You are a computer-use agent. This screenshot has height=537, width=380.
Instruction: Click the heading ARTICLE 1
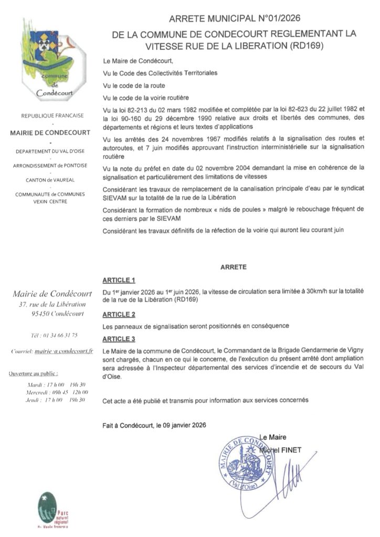pyautogui.click(x=119, y=280)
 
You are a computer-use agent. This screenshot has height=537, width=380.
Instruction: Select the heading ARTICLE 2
pyautogui.click(x=119, y=314)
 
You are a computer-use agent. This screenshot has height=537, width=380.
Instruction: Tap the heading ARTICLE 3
pyautogui.click(x=119, y=339)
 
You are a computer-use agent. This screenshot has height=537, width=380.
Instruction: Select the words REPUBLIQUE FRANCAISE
pyautogui.click(x=50, y=115)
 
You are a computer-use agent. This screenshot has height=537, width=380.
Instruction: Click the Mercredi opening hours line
pyautogui.click(x=58, y=392)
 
